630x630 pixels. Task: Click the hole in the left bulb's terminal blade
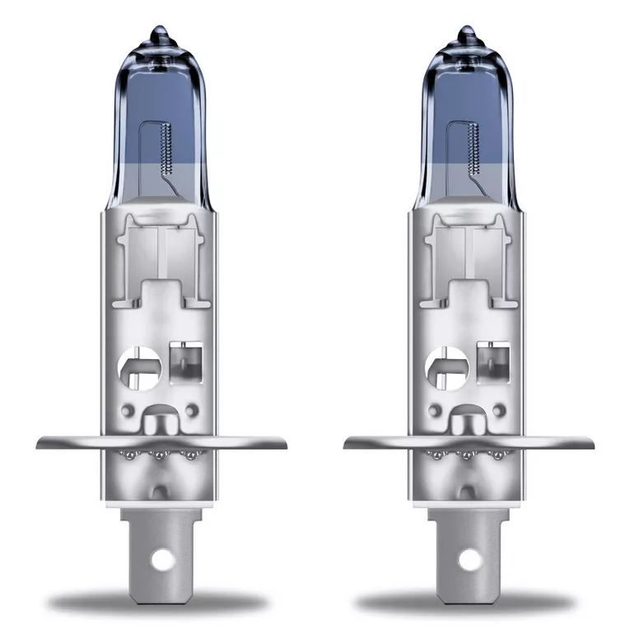coord(162,562)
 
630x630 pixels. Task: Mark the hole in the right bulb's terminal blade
coord(468,562)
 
